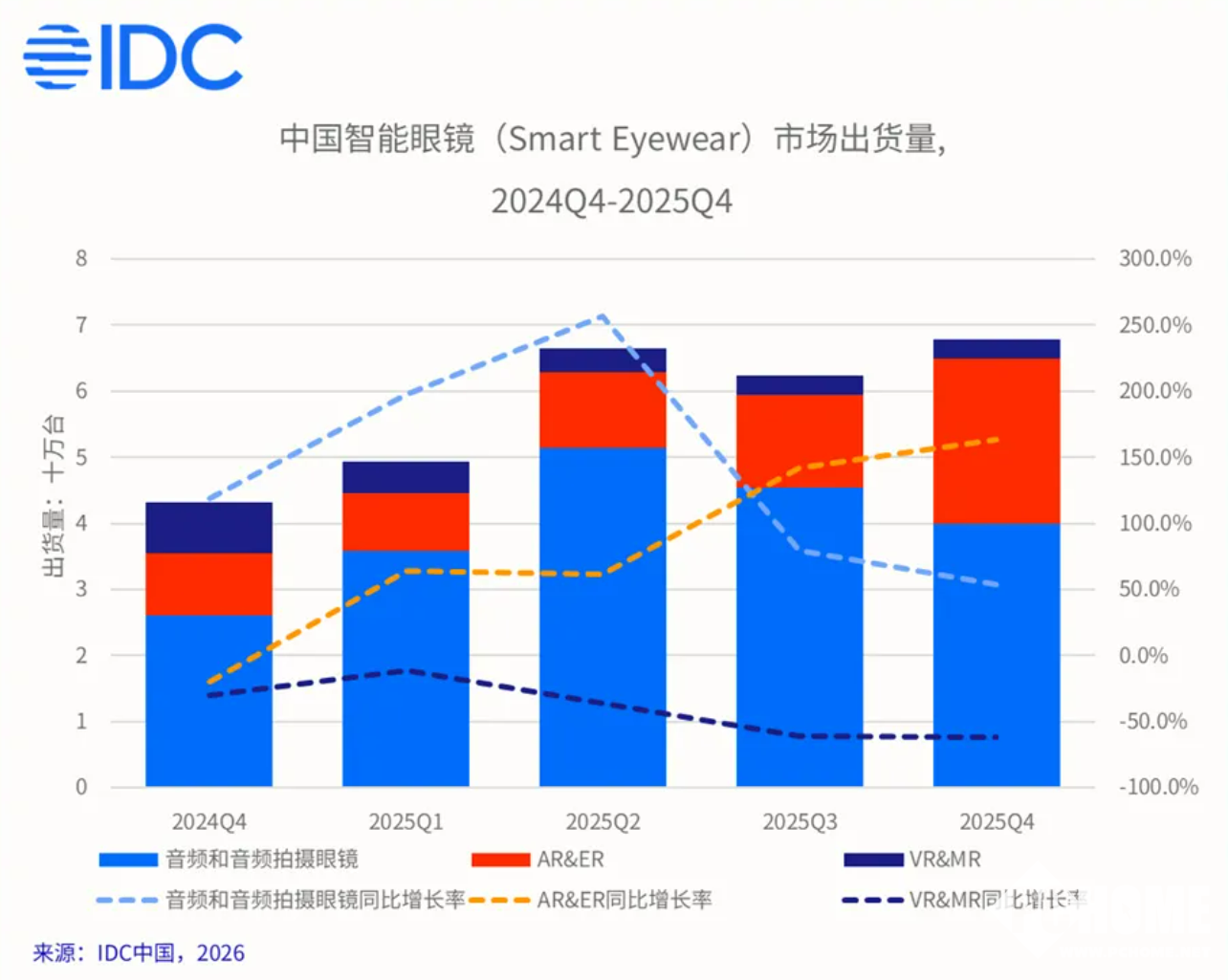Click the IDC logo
(134, 57)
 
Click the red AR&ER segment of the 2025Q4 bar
(997, 441)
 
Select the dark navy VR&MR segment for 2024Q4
(208, 528)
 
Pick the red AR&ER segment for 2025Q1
(406, 522)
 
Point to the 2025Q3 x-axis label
(800, 822)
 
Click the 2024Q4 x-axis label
(208, 822)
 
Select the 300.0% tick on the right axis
(1154, 259)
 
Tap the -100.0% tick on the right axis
(1158, 787)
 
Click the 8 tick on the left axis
(81, 259)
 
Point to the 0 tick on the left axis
(81, 787)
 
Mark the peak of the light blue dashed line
(602, 316)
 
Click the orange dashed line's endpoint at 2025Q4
(998, 440)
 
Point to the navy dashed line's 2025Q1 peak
(407, 671)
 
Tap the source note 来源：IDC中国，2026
(139, 953)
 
